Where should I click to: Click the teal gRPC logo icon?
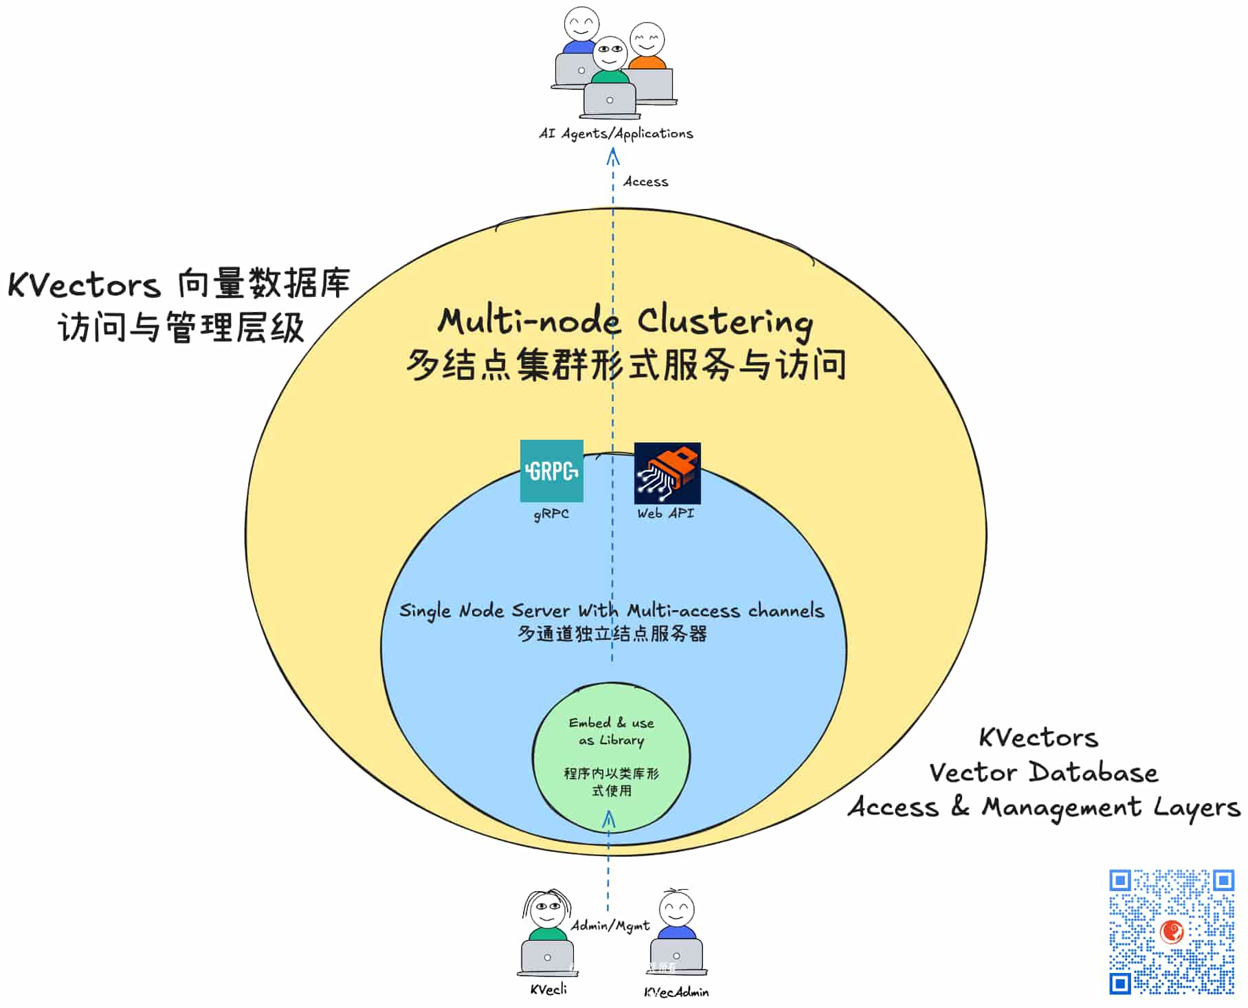coord(551,471)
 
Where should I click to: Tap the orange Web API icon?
coord(667,473)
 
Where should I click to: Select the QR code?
coord(1171,932)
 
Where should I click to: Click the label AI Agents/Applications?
coord(616,133)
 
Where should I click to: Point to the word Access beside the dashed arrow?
coord(645,182)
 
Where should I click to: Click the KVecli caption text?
coord(548,989)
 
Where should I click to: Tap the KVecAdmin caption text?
coord(676,992)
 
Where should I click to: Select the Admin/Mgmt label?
coord(610,926)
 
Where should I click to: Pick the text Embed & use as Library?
coord(611,731)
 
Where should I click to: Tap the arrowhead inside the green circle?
coord(609,819)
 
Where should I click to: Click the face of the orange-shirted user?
coord(647,40)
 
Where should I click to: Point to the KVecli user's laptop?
coord(547,956)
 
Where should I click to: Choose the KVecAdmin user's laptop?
coord(676,955)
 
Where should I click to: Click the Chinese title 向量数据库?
coord(263,283)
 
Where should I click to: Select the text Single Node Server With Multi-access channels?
coord(611,610)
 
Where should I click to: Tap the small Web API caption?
coord(665,513)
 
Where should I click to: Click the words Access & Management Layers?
coord(1043,807)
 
